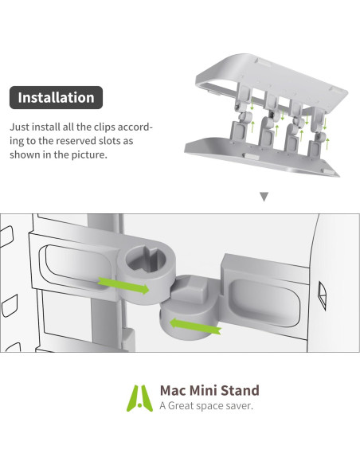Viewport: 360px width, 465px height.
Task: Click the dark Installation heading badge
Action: [x=56, y=98]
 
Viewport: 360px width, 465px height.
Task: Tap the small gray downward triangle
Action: [x=264, y=197]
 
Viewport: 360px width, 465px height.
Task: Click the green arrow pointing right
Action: [x=123, y=286]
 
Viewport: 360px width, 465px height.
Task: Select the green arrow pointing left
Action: [x=194, y=325]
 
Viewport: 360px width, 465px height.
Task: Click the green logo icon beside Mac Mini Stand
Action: [x=142, y=397]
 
